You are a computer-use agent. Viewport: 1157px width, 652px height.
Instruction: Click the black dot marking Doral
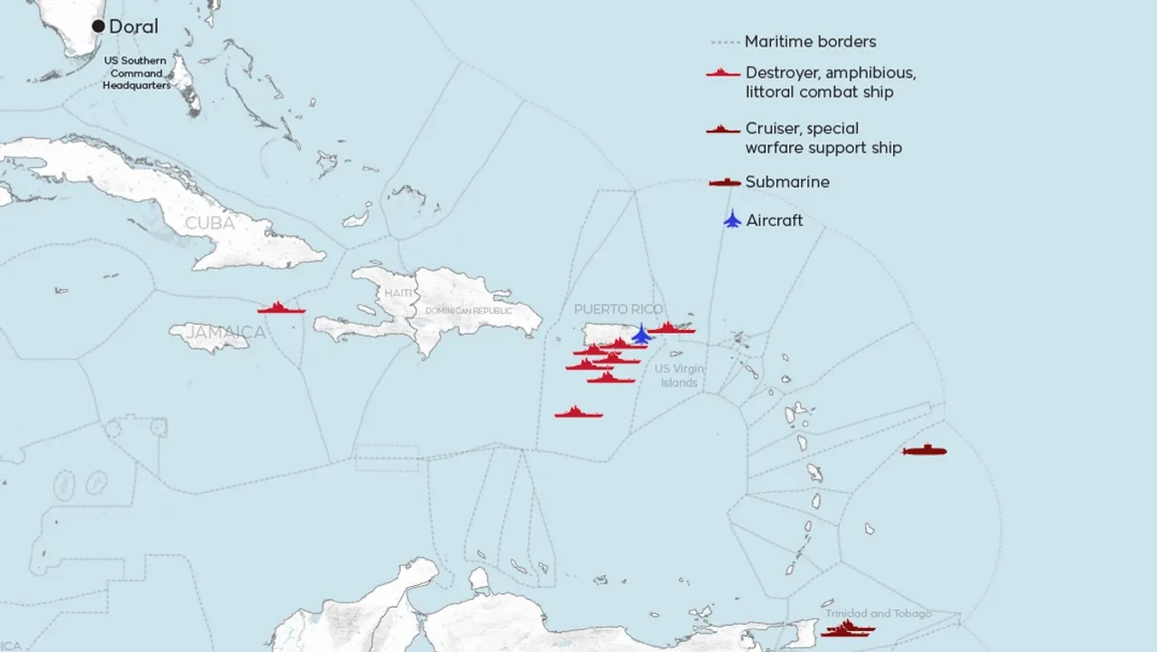pos(99,26)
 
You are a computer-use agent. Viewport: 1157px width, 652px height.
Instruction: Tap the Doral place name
pos(133,27)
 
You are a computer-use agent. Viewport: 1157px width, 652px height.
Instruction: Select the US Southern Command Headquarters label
pos(136,73)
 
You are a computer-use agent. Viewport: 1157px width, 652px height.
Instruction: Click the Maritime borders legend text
pos(810,42)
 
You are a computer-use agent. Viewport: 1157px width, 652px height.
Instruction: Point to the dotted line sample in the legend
pos(725,43)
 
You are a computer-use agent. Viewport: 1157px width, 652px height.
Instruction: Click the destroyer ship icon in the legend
pos(723,72)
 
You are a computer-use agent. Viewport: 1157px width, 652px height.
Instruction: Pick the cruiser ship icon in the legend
pos(723,129)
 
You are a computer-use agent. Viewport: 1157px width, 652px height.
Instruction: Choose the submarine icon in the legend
pos(725,183)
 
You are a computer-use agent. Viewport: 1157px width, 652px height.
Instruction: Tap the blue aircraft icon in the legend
pos(732,220)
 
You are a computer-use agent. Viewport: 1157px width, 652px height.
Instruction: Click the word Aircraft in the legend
pos(774,221)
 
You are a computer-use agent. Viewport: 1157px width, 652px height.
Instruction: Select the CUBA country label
pos(210,222)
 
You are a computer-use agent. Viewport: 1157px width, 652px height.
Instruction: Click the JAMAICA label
pos(226,333)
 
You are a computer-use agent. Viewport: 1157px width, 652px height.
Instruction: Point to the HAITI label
pos(398,293)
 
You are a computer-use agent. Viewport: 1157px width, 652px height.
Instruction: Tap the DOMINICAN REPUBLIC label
pos(468,311)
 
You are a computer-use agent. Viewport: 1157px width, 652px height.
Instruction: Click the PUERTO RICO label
pos(618,309)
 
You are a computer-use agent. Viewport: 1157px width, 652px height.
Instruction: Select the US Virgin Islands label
pos(679,375)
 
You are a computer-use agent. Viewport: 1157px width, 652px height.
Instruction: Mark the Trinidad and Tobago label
pos(877,614)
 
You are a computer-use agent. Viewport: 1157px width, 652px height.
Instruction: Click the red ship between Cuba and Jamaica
pos(281,308)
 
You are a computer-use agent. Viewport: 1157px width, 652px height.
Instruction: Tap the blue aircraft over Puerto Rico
pos(642,335)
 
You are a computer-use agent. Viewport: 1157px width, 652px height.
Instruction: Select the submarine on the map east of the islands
pos(924,450)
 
